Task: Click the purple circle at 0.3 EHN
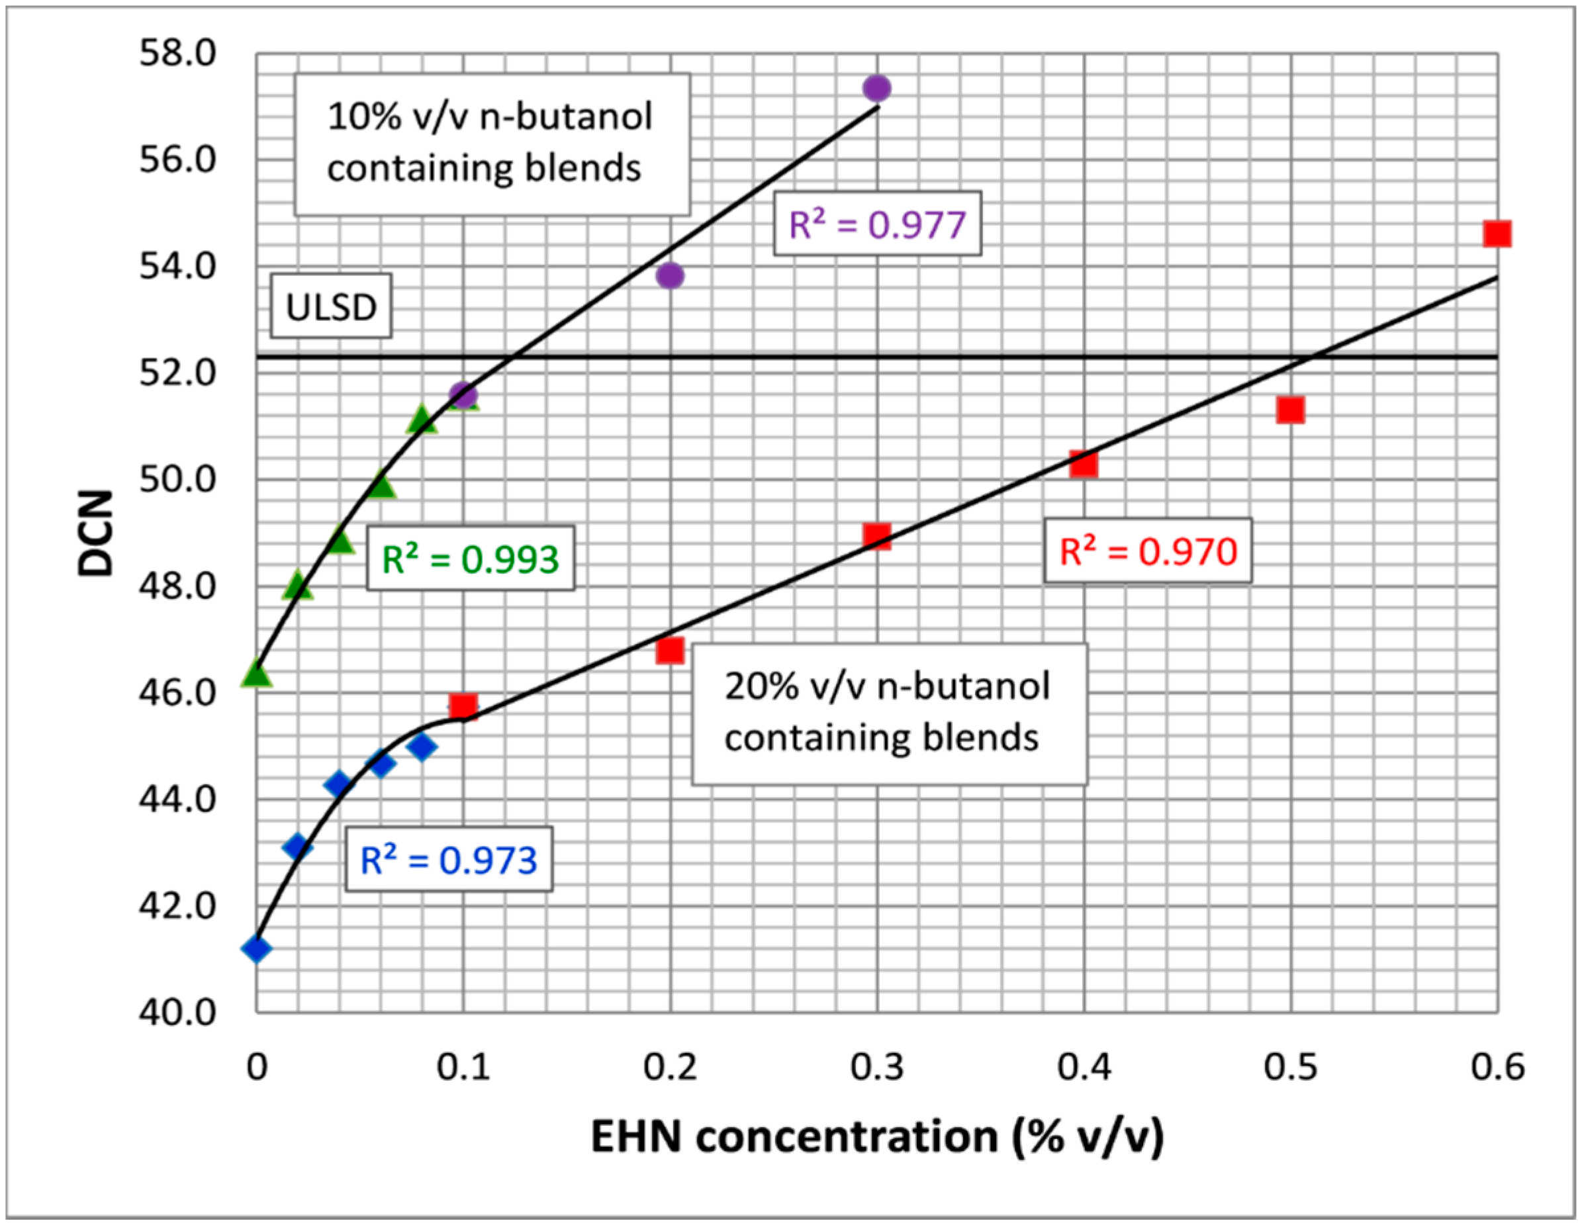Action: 876,89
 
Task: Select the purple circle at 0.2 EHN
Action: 670,275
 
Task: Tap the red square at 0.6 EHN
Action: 1497,234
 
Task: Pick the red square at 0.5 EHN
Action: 1291,410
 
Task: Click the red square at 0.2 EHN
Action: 670,651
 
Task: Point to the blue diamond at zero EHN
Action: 256,948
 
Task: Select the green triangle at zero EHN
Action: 256,674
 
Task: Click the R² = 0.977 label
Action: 877,224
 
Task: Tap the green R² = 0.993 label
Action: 470,559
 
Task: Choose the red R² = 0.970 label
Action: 1147,551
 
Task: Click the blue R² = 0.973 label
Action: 448,860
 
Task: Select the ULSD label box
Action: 331,306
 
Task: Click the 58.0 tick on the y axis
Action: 177,54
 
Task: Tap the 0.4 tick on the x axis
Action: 1084,1067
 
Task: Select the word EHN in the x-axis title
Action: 637,1136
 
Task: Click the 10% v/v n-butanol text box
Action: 492,143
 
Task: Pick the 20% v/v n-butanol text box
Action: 889,713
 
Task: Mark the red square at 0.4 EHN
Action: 1084,465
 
